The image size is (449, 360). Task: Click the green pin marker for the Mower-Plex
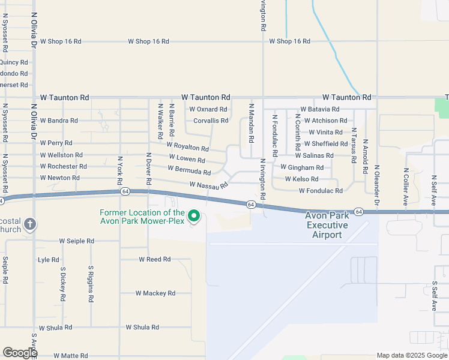tap(194, 215)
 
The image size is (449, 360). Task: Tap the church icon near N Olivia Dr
tap(31, 224)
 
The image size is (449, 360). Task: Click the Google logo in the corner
tap(20, 353)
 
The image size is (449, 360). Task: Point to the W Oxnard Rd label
tap(208, 109)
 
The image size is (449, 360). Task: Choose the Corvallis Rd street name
tap(211, 121)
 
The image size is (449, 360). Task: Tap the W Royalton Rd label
tap(187, 146)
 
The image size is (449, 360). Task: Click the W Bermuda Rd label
tap(189, 171)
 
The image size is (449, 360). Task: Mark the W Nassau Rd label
tap(208, 185)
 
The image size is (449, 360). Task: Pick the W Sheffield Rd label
tap(326, 144)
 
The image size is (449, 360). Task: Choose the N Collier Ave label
tap(406, 187)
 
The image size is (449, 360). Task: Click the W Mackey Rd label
tap(155, 293)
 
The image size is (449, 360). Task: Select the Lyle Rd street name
tap(48, 260)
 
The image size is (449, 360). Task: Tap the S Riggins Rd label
tap(91, 284)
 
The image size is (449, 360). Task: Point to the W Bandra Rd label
tap(58, 121)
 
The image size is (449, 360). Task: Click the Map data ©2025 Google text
tap(411, 355)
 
